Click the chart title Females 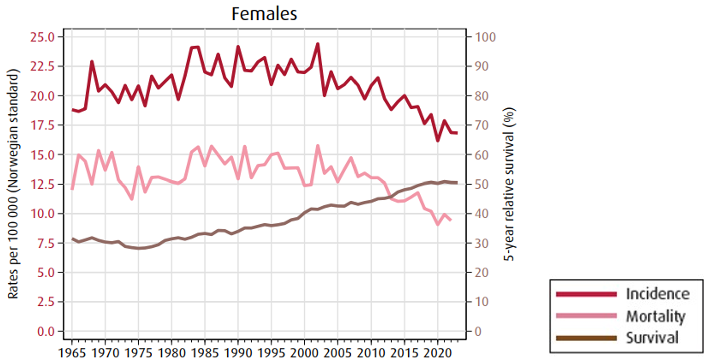click(264, 14)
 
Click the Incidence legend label click(657, 294)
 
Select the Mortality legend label click(655, 316)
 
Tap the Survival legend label click(652, 338)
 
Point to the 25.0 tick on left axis click(42, 37)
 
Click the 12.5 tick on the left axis click(42, 184)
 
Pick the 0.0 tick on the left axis click(46, 332)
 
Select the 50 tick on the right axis click(481, 184)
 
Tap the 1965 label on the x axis click(72, 353)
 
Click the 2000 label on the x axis click(304, 353)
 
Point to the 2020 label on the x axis click(437, 353)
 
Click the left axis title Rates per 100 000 click(13, 184)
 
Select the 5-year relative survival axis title click(509, 184)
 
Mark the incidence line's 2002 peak click(318, 44)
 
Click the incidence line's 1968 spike click(92, 62)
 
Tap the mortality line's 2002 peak click(318, 146)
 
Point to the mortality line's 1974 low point click(132, 199)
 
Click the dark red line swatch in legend click(586, 294)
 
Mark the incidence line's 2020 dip click(438, 141)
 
